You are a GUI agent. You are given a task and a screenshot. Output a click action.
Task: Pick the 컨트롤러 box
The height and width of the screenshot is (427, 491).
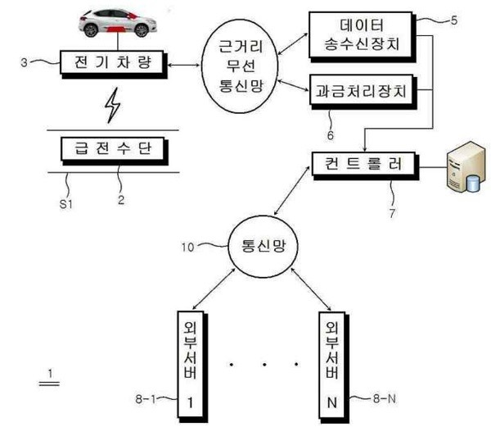[363, 162]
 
